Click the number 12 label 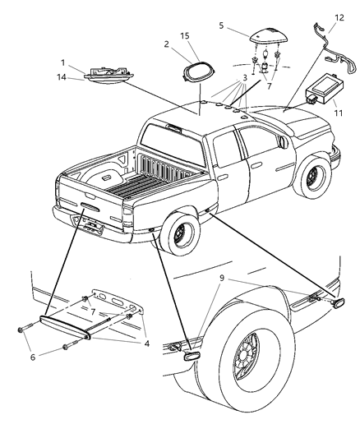point(340,16)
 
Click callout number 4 point(146,343)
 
